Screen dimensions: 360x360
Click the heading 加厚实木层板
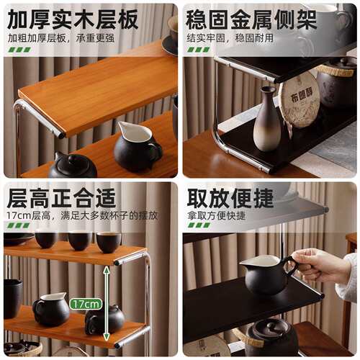73,19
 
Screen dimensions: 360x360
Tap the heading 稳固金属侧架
251,19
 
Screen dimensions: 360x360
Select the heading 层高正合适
61,198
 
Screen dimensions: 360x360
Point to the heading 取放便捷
230,198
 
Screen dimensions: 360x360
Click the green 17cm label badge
86,304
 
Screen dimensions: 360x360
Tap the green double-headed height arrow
107,304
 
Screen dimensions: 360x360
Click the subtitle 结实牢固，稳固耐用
230,38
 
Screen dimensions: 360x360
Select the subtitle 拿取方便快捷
217,215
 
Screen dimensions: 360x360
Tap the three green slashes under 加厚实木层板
19,50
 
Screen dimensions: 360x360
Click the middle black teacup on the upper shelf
80,240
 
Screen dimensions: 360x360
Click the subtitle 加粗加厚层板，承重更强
61,38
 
